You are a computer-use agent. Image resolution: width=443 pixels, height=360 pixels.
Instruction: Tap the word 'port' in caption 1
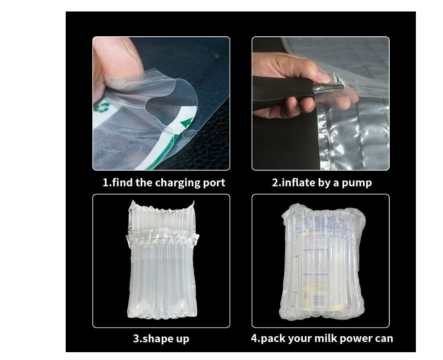[x=214, y=183]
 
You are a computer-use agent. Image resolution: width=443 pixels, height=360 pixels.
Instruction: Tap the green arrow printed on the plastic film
[x=187, y=122]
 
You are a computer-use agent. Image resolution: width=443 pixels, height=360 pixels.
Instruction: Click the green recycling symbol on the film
[x=102, y=107]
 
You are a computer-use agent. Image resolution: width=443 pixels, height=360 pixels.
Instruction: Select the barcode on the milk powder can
[x=318, y=300]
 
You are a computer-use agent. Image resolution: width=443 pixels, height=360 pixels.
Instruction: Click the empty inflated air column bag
[x=162, y=260]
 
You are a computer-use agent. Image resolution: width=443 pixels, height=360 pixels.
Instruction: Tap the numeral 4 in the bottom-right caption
[x=254, y=338]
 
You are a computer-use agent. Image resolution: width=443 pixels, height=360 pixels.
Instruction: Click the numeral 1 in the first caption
[x=105, y=183]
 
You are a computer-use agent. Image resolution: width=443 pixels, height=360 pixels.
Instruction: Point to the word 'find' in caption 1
[x=122, y=182]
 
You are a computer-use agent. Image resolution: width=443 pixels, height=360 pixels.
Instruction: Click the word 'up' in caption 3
[x=182, y=339]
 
